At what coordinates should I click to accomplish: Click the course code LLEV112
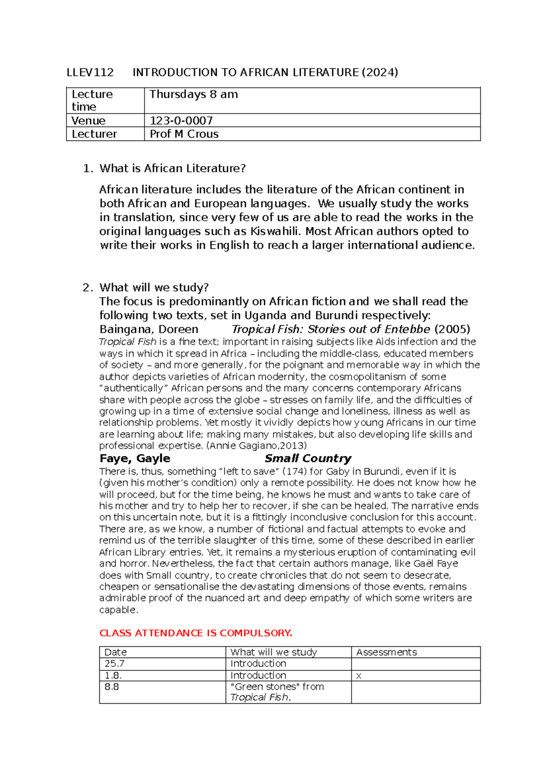tap(90, 73)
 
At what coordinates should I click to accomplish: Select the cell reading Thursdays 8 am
tap(193, 94)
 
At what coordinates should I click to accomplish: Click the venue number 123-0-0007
tap(181, 120)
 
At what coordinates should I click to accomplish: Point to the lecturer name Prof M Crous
tap(184, 134)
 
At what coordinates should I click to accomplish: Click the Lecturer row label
tap(94, 134)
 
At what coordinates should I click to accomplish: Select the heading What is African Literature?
tap(172, 168)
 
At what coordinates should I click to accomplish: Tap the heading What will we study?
tap(154, 288)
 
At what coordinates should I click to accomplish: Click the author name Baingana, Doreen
tap(149, 329)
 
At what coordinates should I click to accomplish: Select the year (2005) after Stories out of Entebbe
tap(452, 329)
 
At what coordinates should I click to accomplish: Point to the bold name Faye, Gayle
tap(135, 459)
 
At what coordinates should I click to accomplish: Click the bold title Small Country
tap(308, 459)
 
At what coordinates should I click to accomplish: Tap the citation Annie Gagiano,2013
tap(257, 446)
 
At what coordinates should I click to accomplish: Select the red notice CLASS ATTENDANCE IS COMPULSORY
tap(196, 633)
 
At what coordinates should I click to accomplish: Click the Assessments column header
tap(386, 653)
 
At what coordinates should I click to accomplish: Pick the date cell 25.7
tap(114, 664)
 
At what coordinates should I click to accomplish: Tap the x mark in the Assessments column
tap(359, 676)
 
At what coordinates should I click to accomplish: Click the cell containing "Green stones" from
tap(277, 687)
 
